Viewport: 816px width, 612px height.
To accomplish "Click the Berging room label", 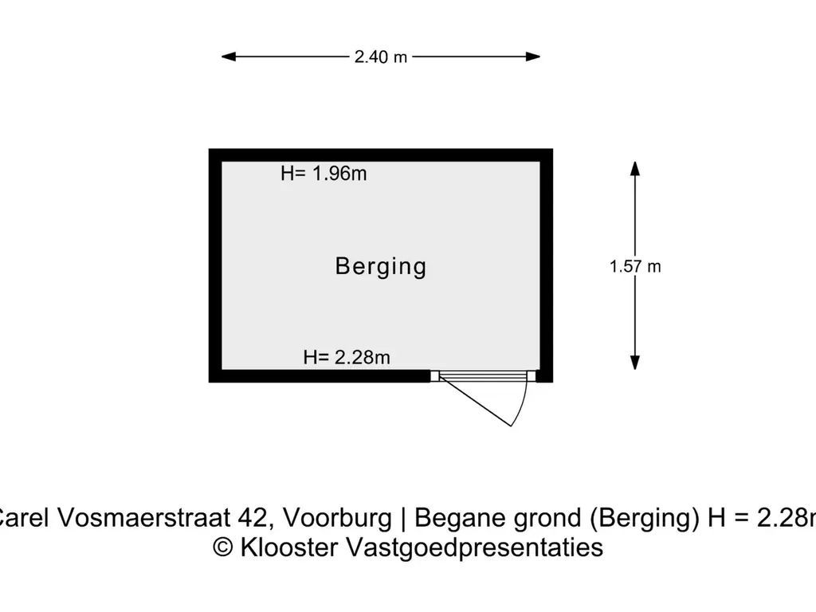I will [x=381, y=266].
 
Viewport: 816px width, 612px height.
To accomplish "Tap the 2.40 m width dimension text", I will [x=381, y=57].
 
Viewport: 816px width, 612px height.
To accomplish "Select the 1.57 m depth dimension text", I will [x=635, y=267].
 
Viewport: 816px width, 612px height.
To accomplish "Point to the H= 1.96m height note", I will [x=324, y=174].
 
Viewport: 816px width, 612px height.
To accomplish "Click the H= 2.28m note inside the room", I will [x=347, y=357].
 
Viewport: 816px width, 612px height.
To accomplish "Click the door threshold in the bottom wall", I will [x=483, y=376].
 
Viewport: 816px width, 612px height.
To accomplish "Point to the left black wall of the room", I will [x=215, y=265].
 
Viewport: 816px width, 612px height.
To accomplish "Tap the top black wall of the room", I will [x=381, y=155].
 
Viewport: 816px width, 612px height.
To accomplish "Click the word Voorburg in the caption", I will [x=338, y=519].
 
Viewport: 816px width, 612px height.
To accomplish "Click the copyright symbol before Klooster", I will [x=224, y=548].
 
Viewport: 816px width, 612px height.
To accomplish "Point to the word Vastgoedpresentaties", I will [x=474, y=547].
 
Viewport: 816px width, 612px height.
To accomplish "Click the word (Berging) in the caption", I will [x=645, y=519].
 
